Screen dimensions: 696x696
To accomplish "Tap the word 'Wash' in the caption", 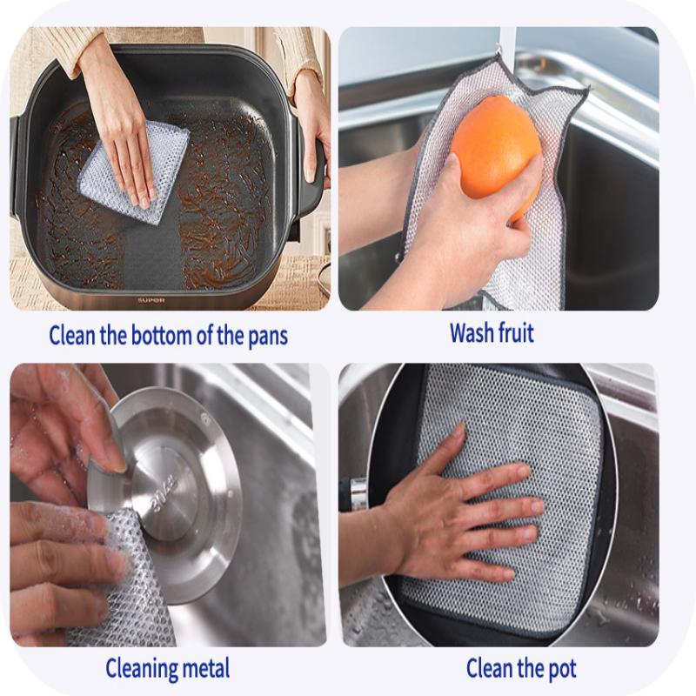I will (472, 332).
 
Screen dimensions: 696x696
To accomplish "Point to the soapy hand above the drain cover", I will (61, 426).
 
